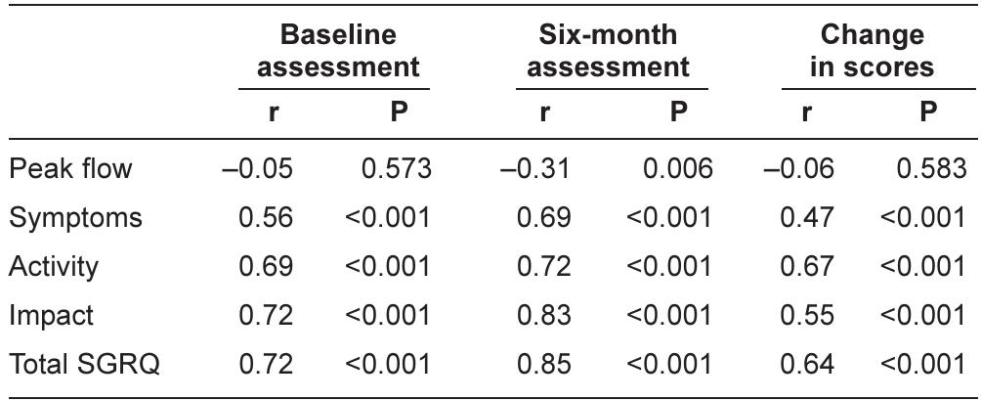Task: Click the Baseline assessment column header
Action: [x=338, y=52]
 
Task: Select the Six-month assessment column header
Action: [x=608, y=52]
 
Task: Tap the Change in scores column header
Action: [x=872, y=52]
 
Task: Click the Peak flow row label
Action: [x=70, y=169]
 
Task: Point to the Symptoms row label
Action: [x=75, y=218]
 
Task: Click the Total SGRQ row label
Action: [x=84, y=365]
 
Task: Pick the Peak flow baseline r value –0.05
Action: [x=258, y=169]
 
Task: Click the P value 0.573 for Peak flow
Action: [x=396, y=169]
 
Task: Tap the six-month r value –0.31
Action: [x=535, y=169]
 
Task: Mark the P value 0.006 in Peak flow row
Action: [x=677, y=169]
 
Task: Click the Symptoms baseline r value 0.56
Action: [x=266, y=218]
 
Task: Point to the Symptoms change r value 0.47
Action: [x=807, y=218]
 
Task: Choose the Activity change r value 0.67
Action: [x=807, y=267]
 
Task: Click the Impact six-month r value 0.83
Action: [x=543, y=316]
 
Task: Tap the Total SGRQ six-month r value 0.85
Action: [x=543, y=365]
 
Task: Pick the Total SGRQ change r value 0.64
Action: [x=807, y=365]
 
